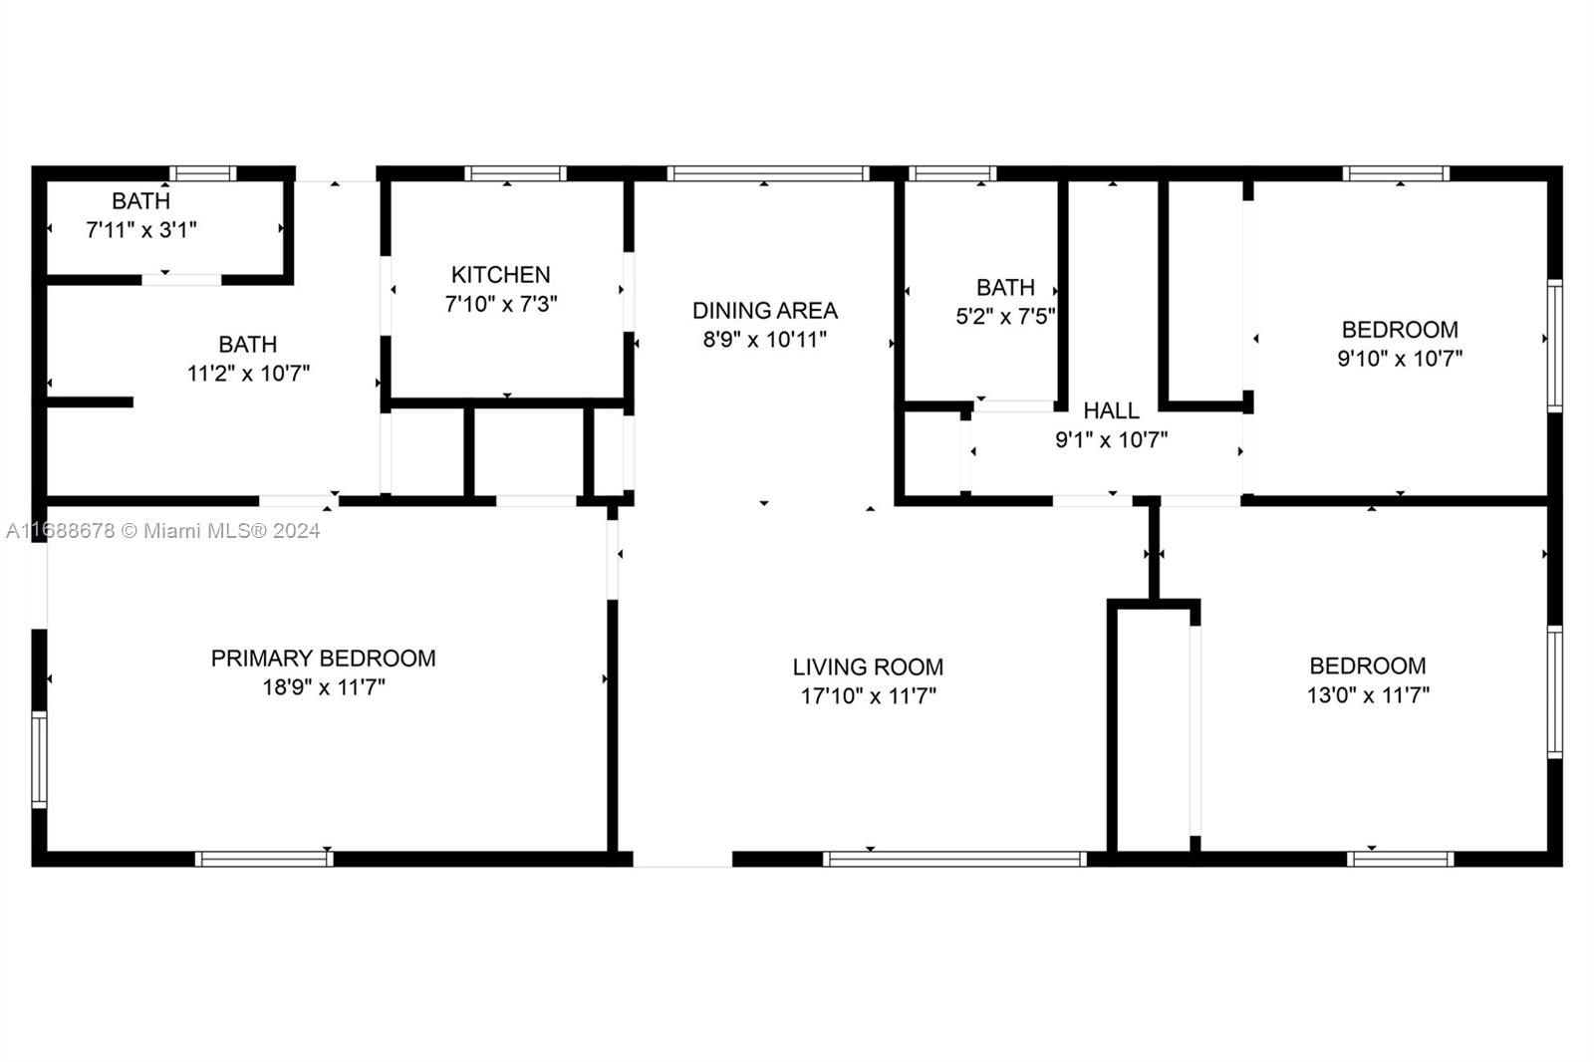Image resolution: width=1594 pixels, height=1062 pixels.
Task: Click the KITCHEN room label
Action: (x=500, y=274)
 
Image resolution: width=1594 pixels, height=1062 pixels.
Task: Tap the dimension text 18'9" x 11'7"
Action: (x=324, y=687)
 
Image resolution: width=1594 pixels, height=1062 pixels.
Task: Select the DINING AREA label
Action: (x=764, y=310)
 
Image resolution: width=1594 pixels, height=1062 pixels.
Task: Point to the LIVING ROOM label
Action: (x=868, y=666)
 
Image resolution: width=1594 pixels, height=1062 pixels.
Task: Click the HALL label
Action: (x=1111, y=410)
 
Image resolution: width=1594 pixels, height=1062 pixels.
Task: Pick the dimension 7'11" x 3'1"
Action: (x=141, y=230)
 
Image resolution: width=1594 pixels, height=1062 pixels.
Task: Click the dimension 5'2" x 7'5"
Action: (x=1005, y=317)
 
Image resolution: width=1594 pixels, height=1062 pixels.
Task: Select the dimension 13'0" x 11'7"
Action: (x=1368, y=694)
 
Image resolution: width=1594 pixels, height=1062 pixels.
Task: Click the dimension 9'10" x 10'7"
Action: (x=1400, y=358)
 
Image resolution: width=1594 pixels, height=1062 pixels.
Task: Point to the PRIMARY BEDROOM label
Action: (x=323, y=658)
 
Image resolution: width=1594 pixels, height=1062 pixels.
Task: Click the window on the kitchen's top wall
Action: (x=515, y=173)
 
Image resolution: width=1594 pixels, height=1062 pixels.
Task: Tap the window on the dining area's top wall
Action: (x=768, y=173)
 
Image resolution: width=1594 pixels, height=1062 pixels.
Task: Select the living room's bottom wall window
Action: (x=954, y=859)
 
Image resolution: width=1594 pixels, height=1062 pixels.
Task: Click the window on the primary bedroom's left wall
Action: (x=39, y=759)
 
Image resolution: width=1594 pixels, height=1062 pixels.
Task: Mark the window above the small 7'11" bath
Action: (x=202, y=173)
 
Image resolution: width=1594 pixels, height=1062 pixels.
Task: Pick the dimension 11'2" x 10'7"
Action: (x=248, y=374)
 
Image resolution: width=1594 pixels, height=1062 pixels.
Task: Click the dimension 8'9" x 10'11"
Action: (x=764, y=340)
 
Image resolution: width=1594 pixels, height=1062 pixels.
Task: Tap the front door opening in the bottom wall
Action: (x=682, y=859)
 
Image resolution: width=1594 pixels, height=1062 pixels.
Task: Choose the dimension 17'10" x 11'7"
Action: (x=868, y=695)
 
